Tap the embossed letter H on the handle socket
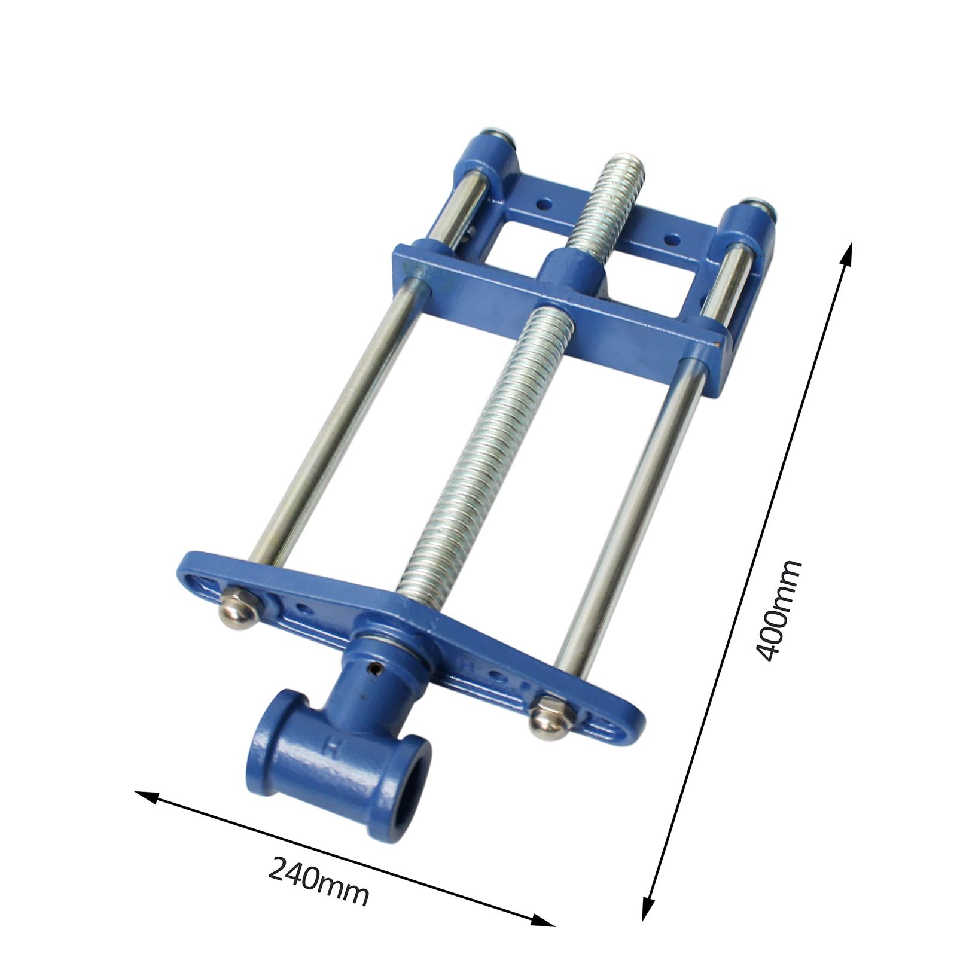(328, 746)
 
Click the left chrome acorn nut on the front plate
(239, 608)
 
